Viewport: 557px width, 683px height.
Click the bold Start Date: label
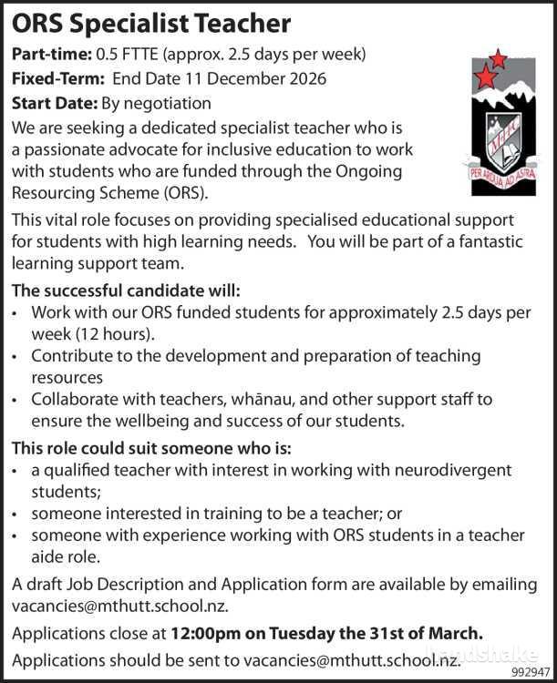(55, 104)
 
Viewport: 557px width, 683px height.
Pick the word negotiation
(168, 104)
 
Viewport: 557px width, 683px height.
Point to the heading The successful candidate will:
(126, 291)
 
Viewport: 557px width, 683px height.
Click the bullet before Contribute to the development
(16, 356)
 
